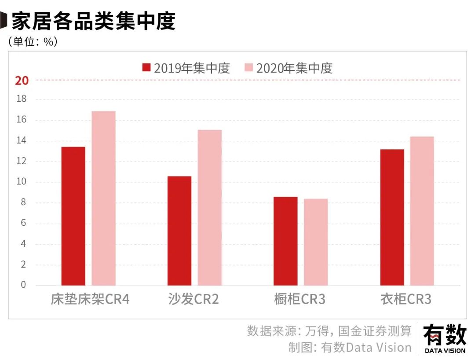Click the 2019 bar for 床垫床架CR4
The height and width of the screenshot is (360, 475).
73,216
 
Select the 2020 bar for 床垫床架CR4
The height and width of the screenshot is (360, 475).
103,198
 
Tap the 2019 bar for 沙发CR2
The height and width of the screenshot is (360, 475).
179,231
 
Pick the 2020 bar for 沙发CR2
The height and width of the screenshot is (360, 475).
209,207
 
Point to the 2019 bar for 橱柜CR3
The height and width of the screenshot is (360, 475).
285,241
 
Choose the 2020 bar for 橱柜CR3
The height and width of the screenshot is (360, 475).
315,242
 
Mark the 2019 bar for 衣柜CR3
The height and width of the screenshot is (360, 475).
392,217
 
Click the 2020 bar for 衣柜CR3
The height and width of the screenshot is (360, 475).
422,211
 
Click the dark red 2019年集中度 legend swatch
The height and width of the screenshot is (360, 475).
146,68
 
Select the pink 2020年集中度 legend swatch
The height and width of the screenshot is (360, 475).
249,68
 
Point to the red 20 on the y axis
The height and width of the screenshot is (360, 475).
22,81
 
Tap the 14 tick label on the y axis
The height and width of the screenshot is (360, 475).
22,141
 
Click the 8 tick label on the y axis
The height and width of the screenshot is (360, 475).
24,203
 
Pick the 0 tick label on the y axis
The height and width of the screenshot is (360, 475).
24,285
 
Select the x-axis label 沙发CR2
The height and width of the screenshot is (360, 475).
194,300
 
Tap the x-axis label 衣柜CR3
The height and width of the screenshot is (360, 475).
406,300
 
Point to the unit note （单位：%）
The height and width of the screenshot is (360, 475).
33,42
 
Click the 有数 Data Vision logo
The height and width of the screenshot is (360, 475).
445,339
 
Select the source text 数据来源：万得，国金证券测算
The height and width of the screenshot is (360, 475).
329,331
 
